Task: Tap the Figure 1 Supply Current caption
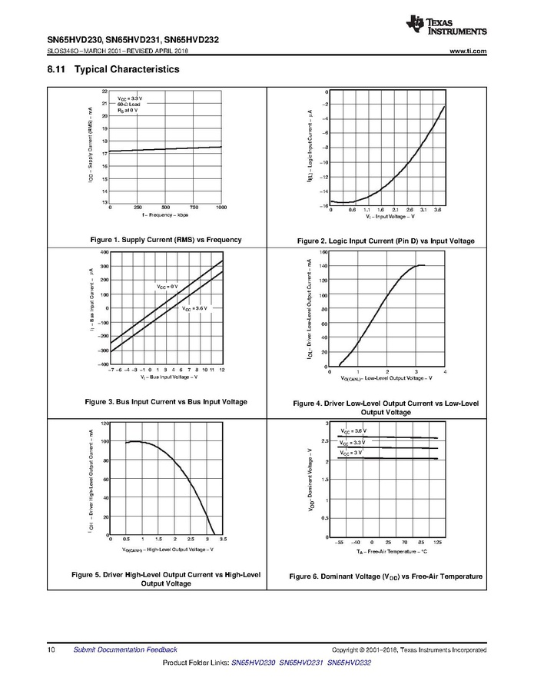point(165,240)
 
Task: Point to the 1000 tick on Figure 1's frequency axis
point(221,208)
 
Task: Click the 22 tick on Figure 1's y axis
point(104,91)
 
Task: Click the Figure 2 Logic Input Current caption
point(386,241)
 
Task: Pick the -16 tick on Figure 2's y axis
point(326,205)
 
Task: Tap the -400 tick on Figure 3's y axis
point(104,363)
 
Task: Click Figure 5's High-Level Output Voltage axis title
point(167,550)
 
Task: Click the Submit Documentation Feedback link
point(125,649)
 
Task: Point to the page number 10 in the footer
point(50,649)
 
